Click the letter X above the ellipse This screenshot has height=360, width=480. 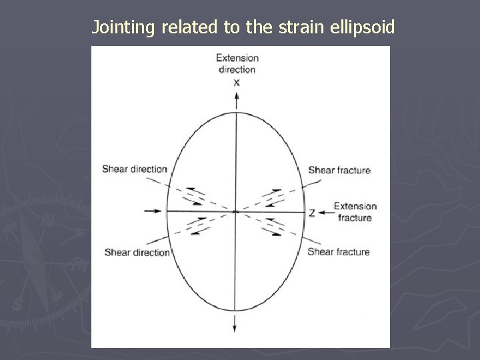click(x=237, y=83)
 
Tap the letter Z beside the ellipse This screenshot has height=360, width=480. click(x=311, y=213)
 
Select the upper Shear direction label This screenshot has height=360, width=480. click(x=134, y=169)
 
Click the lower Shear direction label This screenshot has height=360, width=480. click(x=137, y=253)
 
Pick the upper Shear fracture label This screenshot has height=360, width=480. click(x=339, y=171)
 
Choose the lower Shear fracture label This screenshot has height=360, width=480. click(x=338, y=252)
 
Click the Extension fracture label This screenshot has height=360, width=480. click(x=355, y=212)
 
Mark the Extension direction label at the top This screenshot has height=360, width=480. click(x=237, y=64)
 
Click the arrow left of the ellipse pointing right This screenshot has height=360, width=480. click(x=153, y=211)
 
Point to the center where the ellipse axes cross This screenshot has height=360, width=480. click(x=236, y=211)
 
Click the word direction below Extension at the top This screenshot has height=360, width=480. click(x=237, y=69)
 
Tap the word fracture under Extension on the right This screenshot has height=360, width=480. click(x=355, y=218)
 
